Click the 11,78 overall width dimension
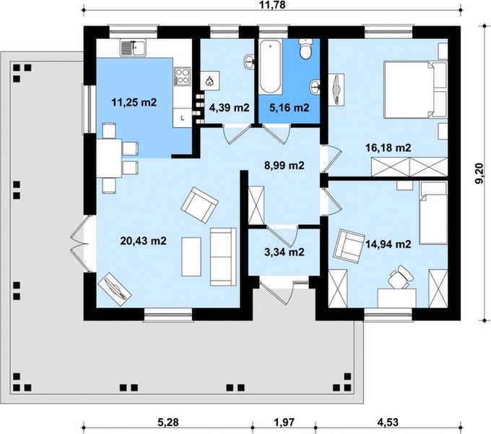(x=272, y=4)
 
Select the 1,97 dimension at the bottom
(x=284, y=422)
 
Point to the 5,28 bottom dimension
(x=168, y=422)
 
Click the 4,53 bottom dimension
(x=388, y=422)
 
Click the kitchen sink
(x=133, y=48)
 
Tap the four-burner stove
(x=182, y=77)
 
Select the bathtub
(x=271, y=66)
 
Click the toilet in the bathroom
(x=305, y=48)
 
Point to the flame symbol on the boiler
(x=209, y=82)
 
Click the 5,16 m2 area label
(x=289, y=108)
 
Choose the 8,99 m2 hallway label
(x=284, y=165)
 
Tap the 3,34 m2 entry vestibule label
(x=284, y=252)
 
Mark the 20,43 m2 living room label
(x=144, y=241)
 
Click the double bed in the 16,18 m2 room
(x=415, y=90)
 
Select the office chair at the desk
(x=400, y=276)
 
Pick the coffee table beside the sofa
(x=191, y=257)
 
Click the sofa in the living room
(x=223, y=257)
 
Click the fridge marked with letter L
(x=182, y=118)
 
